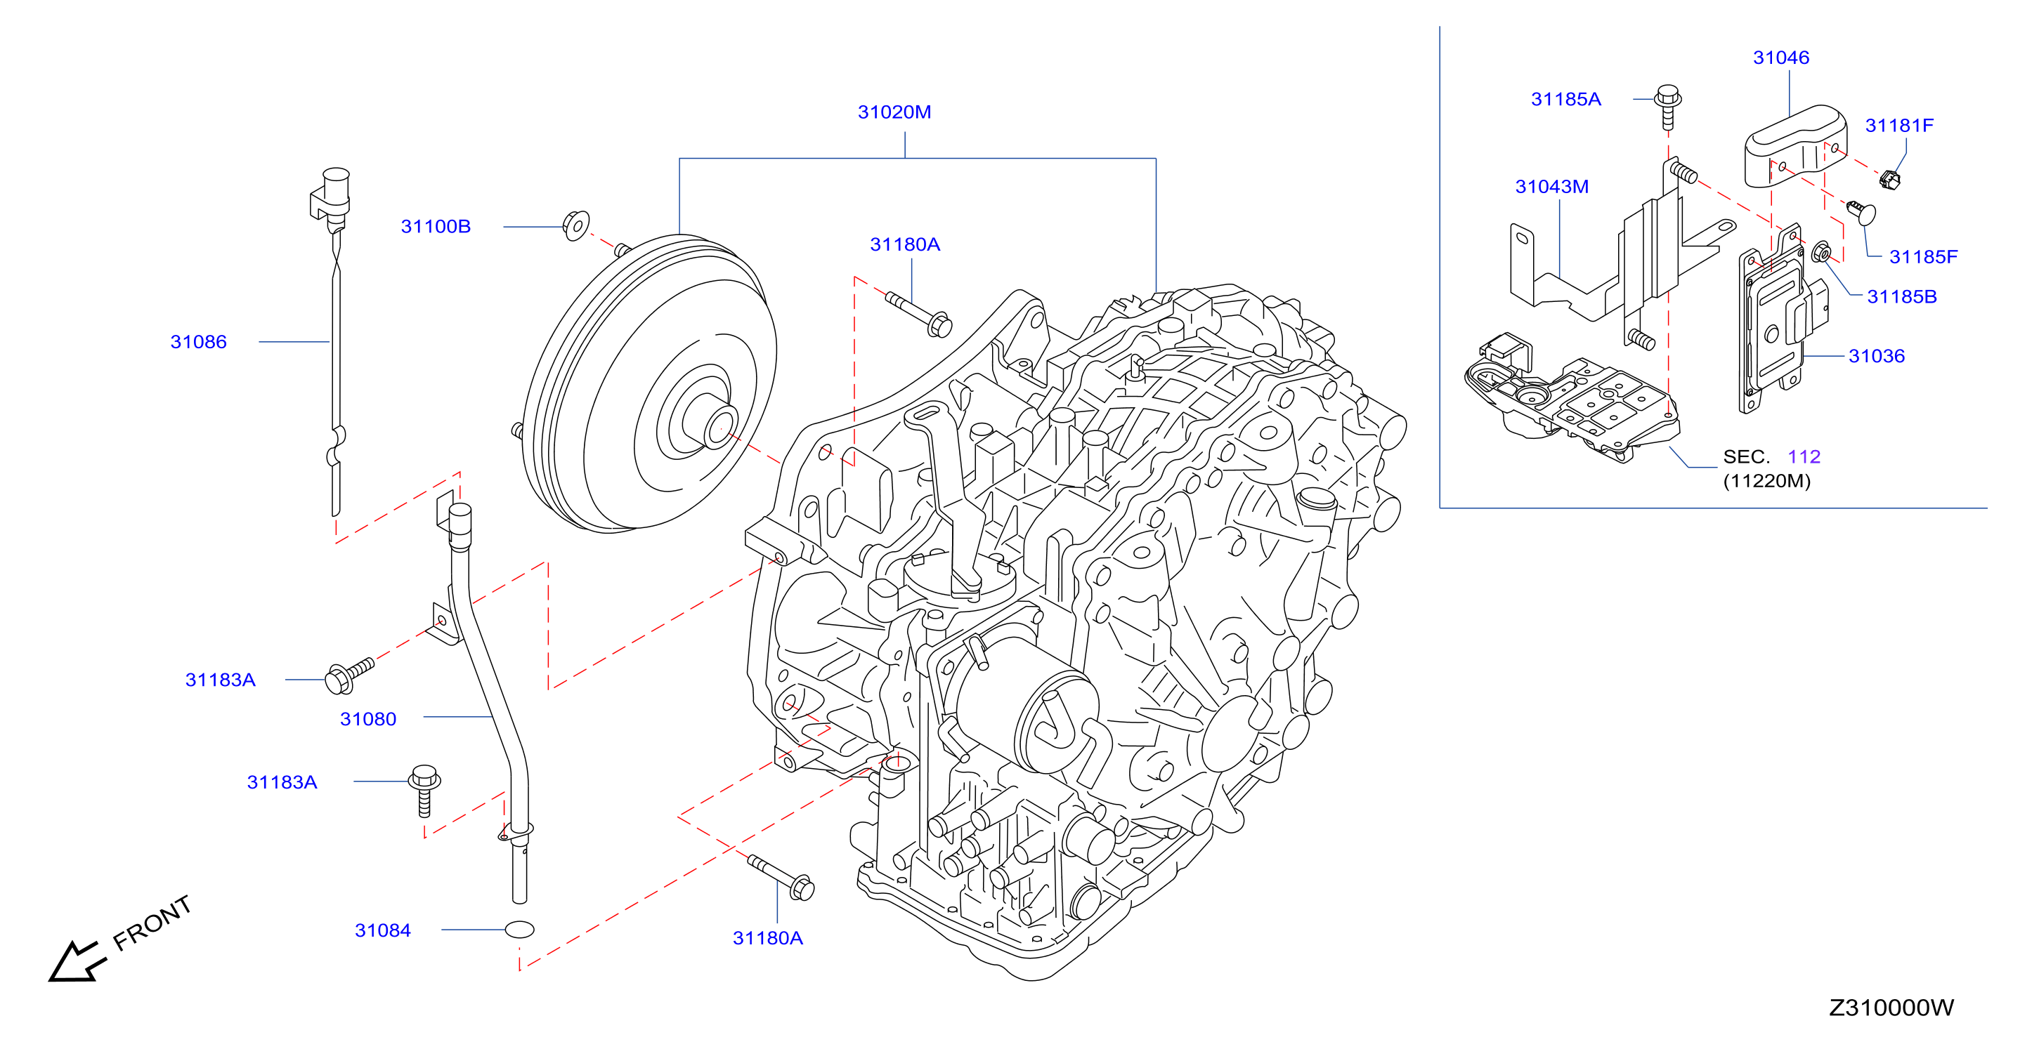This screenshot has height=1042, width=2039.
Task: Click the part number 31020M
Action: coord(894,112)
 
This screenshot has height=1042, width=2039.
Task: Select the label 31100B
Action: coord(436,226)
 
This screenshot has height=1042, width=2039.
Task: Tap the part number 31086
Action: coord(198,342)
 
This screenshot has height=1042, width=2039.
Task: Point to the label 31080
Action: coord(368,719)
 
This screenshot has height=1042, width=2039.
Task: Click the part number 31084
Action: coord(382,930)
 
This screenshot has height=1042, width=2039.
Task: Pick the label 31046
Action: coord(1781,58)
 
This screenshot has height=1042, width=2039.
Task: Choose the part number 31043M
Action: coord(1551,187)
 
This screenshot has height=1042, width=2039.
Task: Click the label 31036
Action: coord(1876,356)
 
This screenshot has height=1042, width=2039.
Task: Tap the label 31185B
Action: coord(1901,297)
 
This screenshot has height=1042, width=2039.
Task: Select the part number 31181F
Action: coord(1899,126)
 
